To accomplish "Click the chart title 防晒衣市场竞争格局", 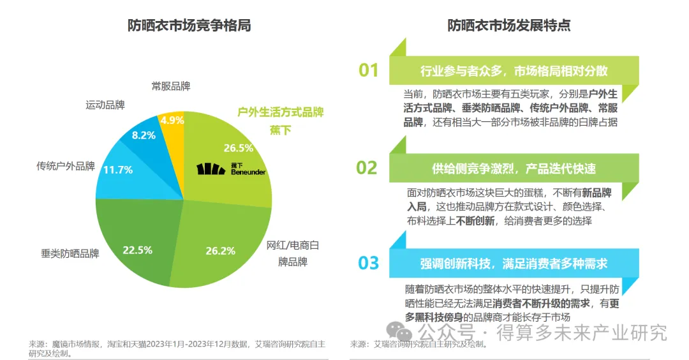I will [189, 26].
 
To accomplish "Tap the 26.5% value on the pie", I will [238, 147].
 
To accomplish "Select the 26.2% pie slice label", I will [221, 251].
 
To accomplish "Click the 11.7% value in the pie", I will [117, 170].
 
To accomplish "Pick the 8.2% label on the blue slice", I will [144, 135].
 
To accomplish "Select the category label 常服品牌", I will [170, 86].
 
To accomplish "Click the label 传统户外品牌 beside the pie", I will [66, 167].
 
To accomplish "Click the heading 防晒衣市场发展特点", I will [509, 26].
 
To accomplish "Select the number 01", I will [368, 70].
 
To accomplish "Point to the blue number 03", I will [368, 262].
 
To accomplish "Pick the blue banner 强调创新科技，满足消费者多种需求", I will [514, 263].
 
